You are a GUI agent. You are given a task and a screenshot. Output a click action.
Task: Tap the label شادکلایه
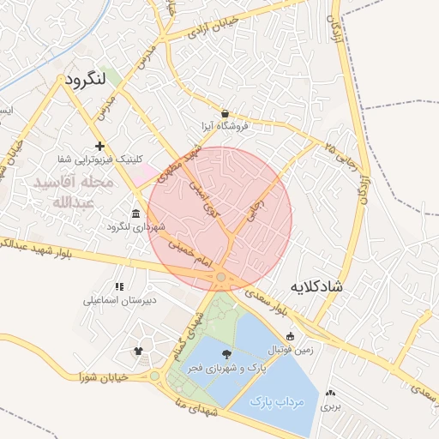tap(316, 286)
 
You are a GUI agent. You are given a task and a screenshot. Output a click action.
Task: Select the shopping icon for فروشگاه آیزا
tap(225, 113)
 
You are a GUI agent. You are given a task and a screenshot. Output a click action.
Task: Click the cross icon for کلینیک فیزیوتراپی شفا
tap(100, 147)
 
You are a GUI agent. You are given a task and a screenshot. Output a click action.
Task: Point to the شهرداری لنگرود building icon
tap(135, 213)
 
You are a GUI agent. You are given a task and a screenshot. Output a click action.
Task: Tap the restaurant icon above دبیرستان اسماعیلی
tap(118, 286)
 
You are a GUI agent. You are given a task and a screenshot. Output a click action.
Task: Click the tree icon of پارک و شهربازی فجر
tap(226, 354)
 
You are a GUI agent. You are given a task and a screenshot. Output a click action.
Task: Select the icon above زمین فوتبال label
tap(290, 336)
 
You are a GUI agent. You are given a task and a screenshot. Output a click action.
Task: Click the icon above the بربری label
tap(330, 393)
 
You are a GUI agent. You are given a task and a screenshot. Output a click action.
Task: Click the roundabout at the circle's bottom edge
tap(221, 277)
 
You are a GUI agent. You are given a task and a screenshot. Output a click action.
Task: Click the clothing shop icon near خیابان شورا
tap(138, 350)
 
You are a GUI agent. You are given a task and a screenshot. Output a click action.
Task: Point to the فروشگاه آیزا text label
tap(225, 126)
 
